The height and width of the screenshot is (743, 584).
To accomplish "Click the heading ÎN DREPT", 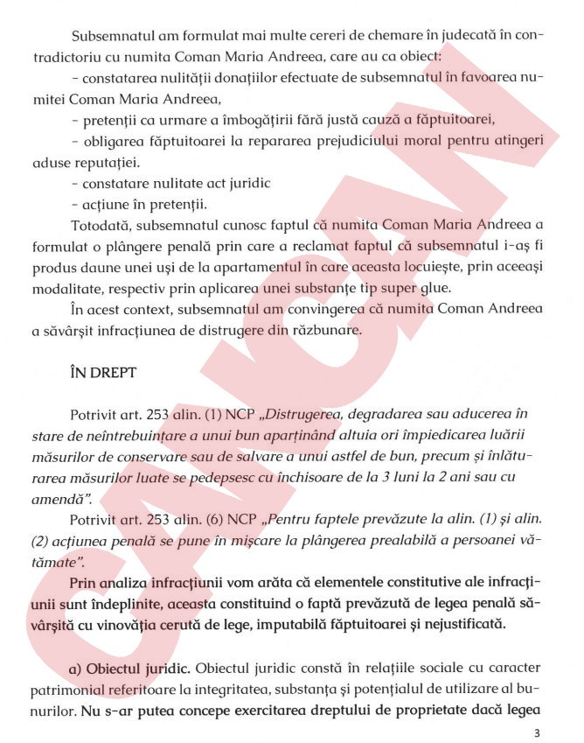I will click(102, 373).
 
